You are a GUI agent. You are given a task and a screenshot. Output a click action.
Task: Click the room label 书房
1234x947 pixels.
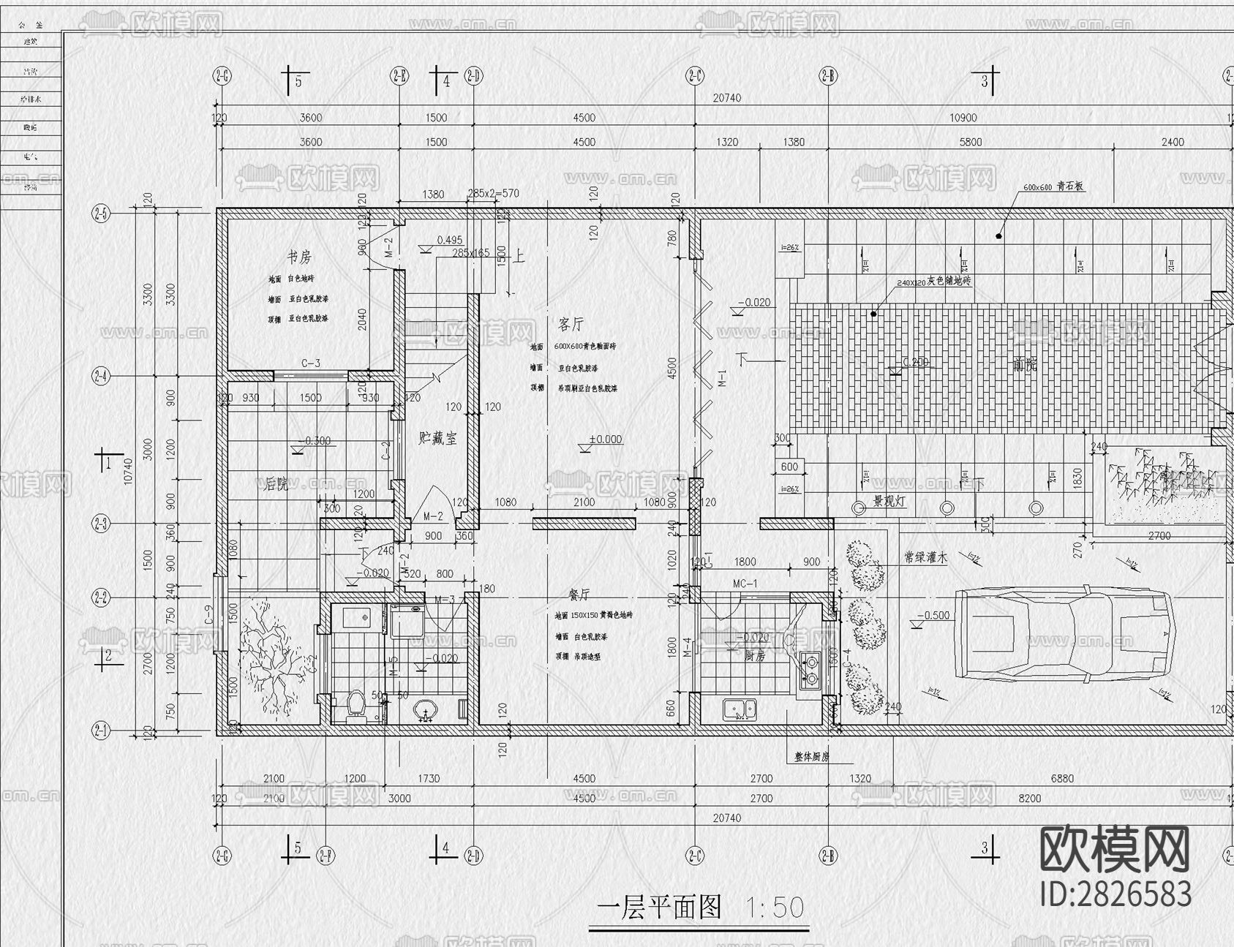pyautogui.click(x=298, y=257)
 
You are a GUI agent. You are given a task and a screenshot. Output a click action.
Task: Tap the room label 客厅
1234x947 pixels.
pyautogui.click(x=571, y=324)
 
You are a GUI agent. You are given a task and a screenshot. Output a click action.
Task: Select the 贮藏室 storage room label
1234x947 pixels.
pyautogui.click(x=437, y=439)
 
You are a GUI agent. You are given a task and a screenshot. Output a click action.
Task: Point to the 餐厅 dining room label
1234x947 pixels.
pyautogui.click(x=579, y=595)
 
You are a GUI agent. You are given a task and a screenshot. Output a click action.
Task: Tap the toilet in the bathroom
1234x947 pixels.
pyautogui.click(x=355, y=706)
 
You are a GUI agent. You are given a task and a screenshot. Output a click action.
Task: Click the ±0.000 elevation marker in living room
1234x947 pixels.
pyautogui.click(x=604, y=439)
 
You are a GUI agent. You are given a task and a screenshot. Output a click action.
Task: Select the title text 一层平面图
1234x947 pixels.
pyautogui.click(x=659, y=907)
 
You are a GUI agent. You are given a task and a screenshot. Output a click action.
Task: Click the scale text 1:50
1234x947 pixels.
pyautogui.click(x=775, y=908)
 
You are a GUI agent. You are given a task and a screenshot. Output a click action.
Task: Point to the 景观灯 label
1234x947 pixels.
pyautogui.click(x=889, y=502)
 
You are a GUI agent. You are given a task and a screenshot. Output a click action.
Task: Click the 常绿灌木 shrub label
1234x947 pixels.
pyautogui.click(x=925, y=557)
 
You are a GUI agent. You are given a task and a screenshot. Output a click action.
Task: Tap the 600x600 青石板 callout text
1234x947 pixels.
pyautogui.click(x=1053, y=187)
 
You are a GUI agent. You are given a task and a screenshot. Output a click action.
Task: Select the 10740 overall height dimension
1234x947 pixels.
pyautogui.click(x=129, y=471)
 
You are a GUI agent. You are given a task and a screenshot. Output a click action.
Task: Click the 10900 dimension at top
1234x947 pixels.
pyautogui.click(x=962, y=118)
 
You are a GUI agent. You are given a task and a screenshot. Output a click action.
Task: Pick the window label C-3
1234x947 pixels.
pyautogui.click(x=310, y=363)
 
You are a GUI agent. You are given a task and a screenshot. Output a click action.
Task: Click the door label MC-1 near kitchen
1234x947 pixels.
pyautogui.click(x=745, y=584)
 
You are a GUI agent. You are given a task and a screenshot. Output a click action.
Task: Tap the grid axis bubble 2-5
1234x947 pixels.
pyautogui.click(x=100, y=214)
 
